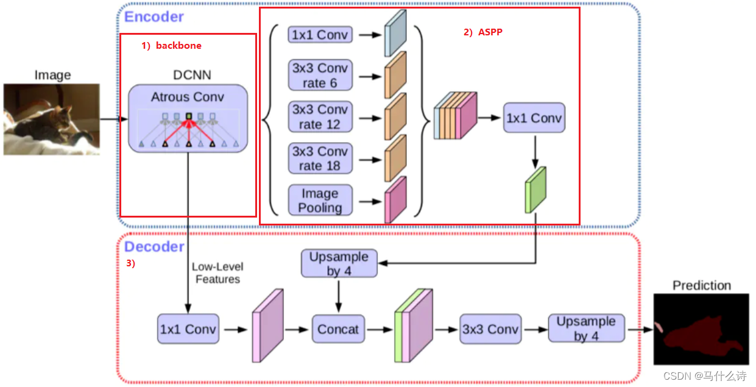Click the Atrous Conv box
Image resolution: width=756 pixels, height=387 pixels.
pyautogui.click(x=188, y=118)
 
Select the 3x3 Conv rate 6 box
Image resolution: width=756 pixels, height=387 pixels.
pyautogui.click(x=320, y=76)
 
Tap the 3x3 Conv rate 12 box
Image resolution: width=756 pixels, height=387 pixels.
pyautogui.click(x=320, y=117)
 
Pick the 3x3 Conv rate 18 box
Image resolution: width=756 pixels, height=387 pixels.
pyautogui.click(x=320, y=158)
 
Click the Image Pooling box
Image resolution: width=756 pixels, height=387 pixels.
pyautogui.click(x=320, y=201)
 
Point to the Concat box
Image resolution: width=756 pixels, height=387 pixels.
pyautogui.click(x=338, y=330)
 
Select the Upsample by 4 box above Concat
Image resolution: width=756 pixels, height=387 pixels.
pyautogui.click(x=339, y=264)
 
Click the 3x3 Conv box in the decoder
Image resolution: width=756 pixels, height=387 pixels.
pyautogui.click(x=490, y=330)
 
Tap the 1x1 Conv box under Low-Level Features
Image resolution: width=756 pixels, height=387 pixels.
pyautogui.click(x=188, y=330)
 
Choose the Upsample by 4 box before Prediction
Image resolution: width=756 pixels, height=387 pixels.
pyautogui.click(x=586, y=328)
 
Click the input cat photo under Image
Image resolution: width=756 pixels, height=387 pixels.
pyautogui.click(x=52, y=119)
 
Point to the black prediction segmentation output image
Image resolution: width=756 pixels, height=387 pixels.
pyautogui.click(x=701, y=329)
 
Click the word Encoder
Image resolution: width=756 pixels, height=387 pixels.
pyautogui.click(x=154, y=16)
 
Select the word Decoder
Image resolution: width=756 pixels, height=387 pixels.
pyautogui.click(x=154, y=247)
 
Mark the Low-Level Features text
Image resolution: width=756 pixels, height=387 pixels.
pyautogui.click(x=217, y=273)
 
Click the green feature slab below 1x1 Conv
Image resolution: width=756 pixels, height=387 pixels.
pyautogui.click(x=535, y=190)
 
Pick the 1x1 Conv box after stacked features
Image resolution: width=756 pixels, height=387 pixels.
pyautogui.click(x=534, y=118)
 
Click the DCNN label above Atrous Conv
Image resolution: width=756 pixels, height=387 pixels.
pyautogui.click(x=193, y=75)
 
